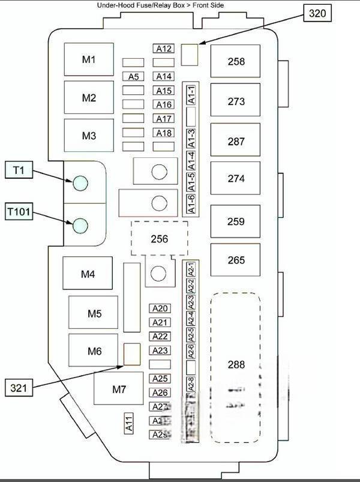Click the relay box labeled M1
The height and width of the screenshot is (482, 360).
89,59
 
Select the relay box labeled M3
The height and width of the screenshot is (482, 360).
89,136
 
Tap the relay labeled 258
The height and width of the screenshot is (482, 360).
236,61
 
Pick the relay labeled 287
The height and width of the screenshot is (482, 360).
236,142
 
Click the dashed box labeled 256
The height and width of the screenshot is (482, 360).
160,239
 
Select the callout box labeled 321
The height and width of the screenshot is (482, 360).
19,388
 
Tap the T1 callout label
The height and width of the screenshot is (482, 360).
19,170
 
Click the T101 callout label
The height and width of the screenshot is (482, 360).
19,212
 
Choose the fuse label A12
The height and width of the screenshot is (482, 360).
164,49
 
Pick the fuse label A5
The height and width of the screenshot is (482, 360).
133,76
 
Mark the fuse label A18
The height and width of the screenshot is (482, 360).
164,133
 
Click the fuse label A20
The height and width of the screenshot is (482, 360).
160,309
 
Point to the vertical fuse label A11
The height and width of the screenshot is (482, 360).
128,424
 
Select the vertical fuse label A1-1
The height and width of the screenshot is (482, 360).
191,94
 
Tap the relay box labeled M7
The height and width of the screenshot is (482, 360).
119,388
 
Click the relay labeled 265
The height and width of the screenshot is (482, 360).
236,261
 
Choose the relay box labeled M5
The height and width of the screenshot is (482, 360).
94,313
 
